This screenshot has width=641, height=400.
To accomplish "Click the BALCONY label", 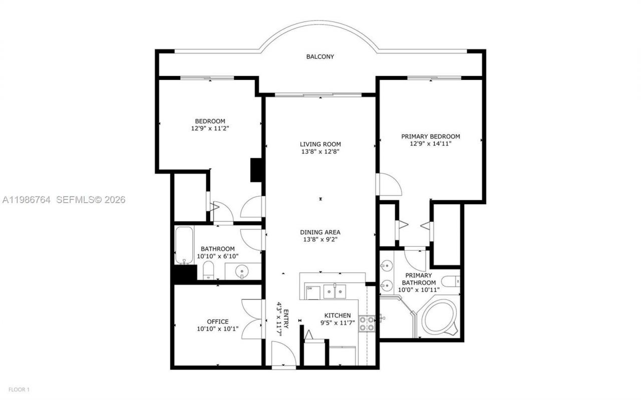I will tap(320, 57).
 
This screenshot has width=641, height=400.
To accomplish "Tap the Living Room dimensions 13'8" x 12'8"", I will tap(320, 152).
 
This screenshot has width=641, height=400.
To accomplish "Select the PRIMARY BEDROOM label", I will tap(430, 136).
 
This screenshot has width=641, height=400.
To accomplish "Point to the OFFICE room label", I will tap(218, 321).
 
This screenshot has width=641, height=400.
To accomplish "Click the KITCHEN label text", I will tap(337, 315).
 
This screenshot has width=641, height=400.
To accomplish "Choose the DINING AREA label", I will tap(320, 232).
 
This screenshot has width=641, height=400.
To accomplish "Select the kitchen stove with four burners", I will tap(367, 323).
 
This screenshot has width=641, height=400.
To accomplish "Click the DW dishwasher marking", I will tap(310, 288).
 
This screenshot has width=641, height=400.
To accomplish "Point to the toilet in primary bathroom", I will tap(450, 281).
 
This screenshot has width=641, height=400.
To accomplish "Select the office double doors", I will tap(252, 319).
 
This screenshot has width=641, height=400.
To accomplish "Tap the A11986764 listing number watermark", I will tap(26, 200).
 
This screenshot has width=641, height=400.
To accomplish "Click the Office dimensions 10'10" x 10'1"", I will tap(218, 329).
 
